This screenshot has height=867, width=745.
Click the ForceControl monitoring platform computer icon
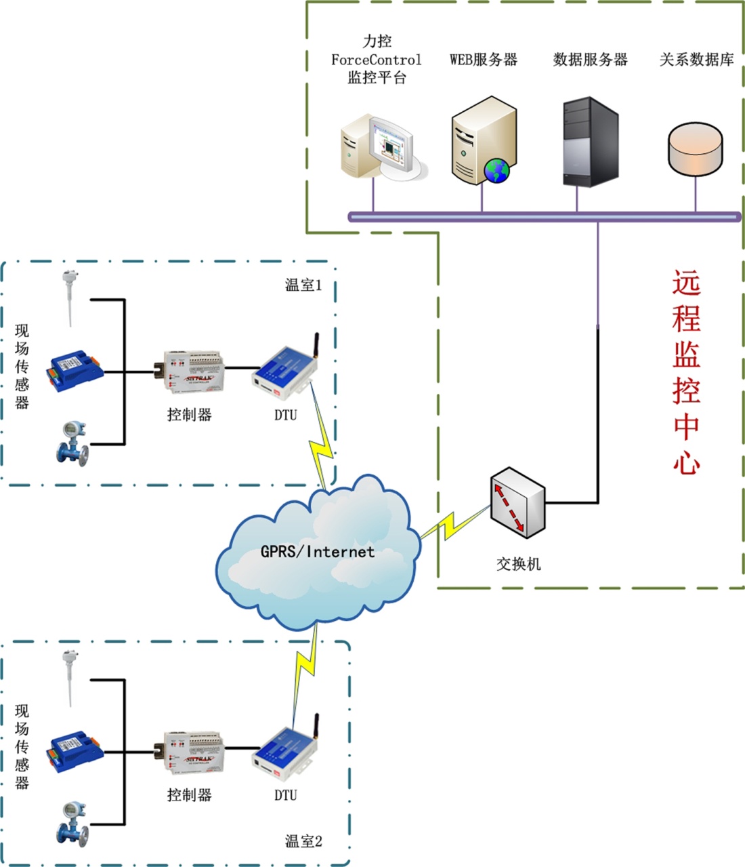[x=383, y=148]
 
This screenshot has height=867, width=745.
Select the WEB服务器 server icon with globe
[x=483, y=141]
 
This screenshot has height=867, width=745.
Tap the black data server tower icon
[x=590, y=142]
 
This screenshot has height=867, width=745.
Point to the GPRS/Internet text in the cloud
[x=318, y=552]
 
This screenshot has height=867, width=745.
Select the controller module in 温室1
[x=194, y=371]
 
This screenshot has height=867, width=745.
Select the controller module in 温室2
[x=194, y=752]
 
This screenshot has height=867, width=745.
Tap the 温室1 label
[x=303, y=285]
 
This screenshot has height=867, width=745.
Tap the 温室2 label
[x=303, y=841]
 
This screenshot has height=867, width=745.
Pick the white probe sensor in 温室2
[x=68, y=677]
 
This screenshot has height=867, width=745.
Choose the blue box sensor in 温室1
[x=74, y=371]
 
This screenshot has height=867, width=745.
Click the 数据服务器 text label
[x=590, y=60]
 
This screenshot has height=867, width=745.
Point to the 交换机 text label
[x=518, y=564]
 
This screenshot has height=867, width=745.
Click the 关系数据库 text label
[x=696, y=60]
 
